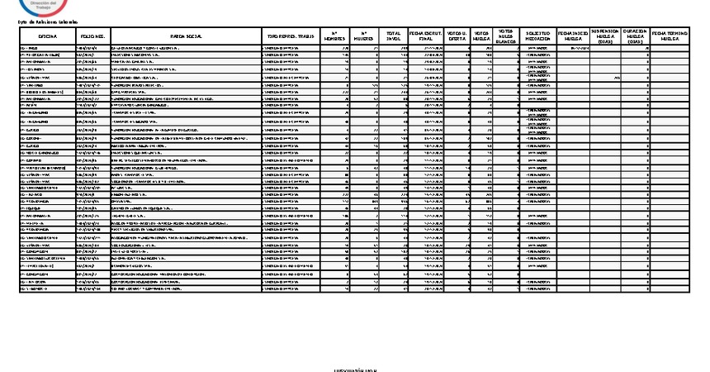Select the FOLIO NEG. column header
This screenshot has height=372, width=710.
92,37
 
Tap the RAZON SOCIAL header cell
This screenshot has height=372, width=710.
184,37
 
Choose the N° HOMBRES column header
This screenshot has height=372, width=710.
334,37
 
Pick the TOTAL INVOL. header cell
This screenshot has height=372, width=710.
394,37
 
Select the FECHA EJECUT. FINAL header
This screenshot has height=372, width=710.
427,37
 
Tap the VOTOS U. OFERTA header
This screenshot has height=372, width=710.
457,37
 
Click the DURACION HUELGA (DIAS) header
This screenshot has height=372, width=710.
634,37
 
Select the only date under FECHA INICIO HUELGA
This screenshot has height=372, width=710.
575,48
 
